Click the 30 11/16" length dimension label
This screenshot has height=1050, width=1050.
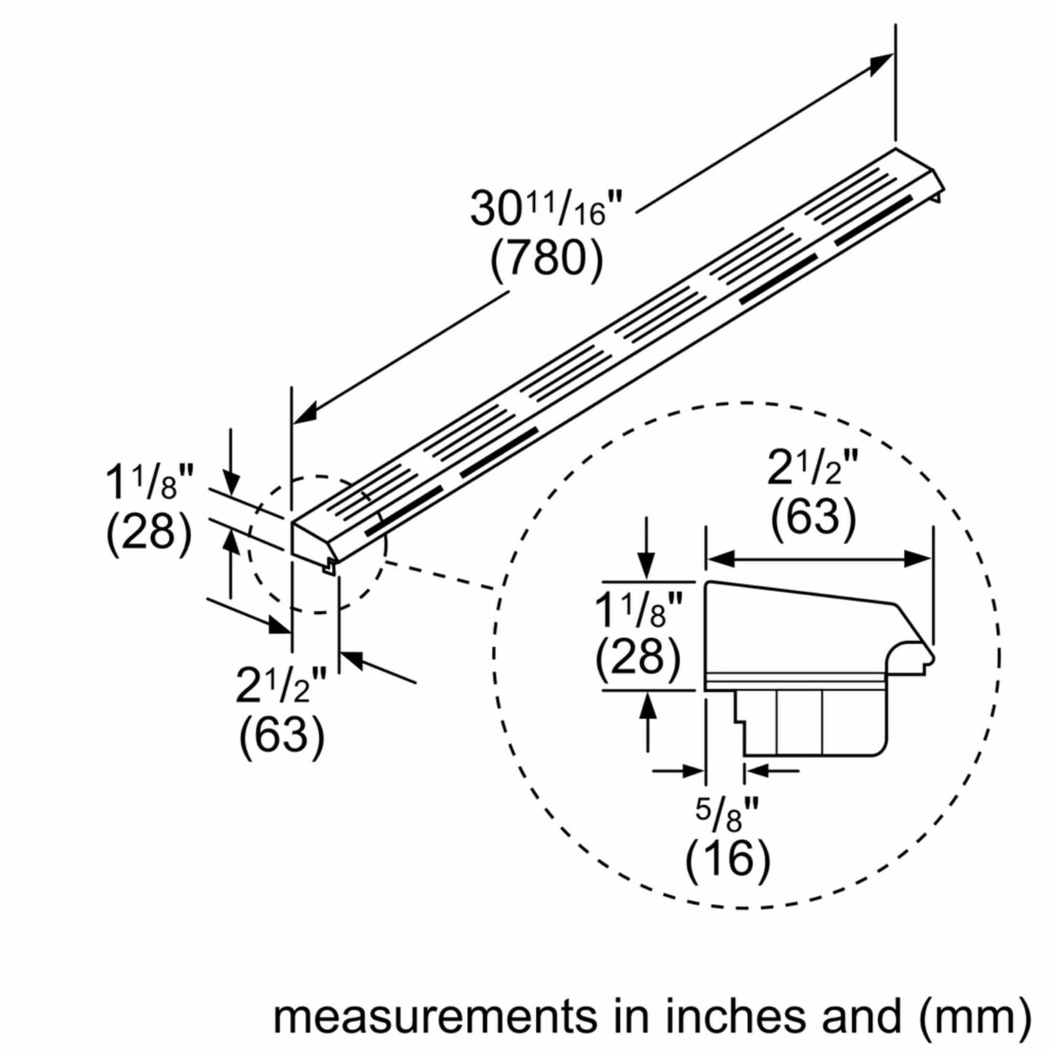[x=546, y=209]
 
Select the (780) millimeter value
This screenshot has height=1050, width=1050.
[x=546, y=259]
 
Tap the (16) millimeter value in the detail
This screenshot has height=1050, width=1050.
[x=727, y=860]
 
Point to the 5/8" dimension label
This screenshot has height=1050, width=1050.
[x=727, y=812]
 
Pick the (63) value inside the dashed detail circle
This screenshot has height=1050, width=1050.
[x=813, y=518]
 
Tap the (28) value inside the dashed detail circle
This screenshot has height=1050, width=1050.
[x=638, y=656]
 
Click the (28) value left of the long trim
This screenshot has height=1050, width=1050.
[x=150, y=534]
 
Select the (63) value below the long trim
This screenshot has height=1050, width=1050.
[x=281, y=736]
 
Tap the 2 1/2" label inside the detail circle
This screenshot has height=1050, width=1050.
[x=813, y=469]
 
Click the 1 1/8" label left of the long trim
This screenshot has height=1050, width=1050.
[x=150, y=485]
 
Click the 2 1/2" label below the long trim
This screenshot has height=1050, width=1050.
[x=281, y=687]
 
